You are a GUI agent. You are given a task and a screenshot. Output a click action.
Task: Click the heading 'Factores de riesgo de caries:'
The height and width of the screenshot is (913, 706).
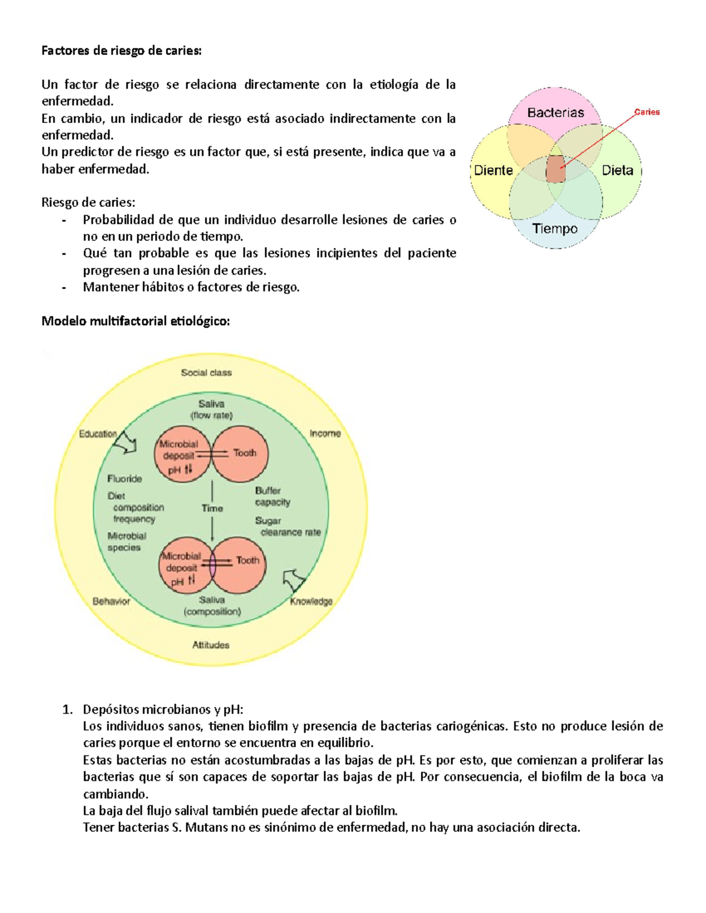pyautogui.click(x=121, y=51)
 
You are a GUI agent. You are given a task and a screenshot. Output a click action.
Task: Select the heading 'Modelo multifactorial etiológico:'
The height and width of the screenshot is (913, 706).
pyautogui.click(x=135, y=321)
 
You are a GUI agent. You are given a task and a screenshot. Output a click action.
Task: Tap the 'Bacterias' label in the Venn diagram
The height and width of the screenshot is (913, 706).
pyautogui.click(x=555, y=112)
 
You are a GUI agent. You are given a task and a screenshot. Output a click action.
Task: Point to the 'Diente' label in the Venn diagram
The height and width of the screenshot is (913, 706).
pyautogui.click(x=493, y=170)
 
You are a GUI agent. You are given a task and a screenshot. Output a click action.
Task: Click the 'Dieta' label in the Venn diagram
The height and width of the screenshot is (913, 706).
pyautogui.click(x=617, y=170)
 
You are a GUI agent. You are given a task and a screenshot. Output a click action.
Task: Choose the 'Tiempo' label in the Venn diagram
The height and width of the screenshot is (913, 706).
pyautogui.click(x=555, y=229)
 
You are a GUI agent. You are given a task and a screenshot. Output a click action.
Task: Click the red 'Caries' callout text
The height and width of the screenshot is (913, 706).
pyautogui.click(x=647, y=112)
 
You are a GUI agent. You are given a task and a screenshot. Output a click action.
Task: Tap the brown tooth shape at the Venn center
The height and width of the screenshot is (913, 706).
pyautogui.click(x=555, y=169)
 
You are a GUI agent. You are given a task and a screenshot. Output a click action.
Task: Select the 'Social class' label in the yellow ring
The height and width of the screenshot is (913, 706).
pyautogui.click(x=206, y=373)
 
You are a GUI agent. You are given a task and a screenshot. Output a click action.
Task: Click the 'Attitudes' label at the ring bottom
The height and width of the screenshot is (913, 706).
pyautogui.click(x=211, y=645)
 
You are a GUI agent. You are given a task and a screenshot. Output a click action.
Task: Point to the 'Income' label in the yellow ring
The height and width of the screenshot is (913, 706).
pyautogui.click(x=325, y=433)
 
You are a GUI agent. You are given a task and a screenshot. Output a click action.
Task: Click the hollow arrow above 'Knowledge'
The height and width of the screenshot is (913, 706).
pyautogui.click(x=294, y=580)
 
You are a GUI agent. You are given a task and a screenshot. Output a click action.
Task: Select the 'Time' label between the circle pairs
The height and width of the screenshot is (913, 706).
pyautogui.click(x=212, y=509)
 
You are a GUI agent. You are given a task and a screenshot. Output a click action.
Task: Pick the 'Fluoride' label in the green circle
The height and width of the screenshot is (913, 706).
pyautogui.click(x=124, y=479)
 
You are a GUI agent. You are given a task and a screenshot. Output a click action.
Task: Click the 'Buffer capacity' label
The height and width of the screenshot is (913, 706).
pyautogui.click(x=272, y=496)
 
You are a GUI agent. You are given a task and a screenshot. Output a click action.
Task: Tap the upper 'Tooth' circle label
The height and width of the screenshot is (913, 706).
pyautogui.click(x=245, y=453)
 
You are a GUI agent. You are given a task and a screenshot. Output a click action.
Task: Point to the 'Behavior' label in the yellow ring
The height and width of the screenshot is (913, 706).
pyautogui.click(x=111, y=601)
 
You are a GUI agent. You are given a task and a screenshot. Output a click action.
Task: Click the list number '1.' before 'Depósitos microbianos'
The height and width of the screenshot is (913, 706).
pyautogui.click(x=67, y=709)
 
